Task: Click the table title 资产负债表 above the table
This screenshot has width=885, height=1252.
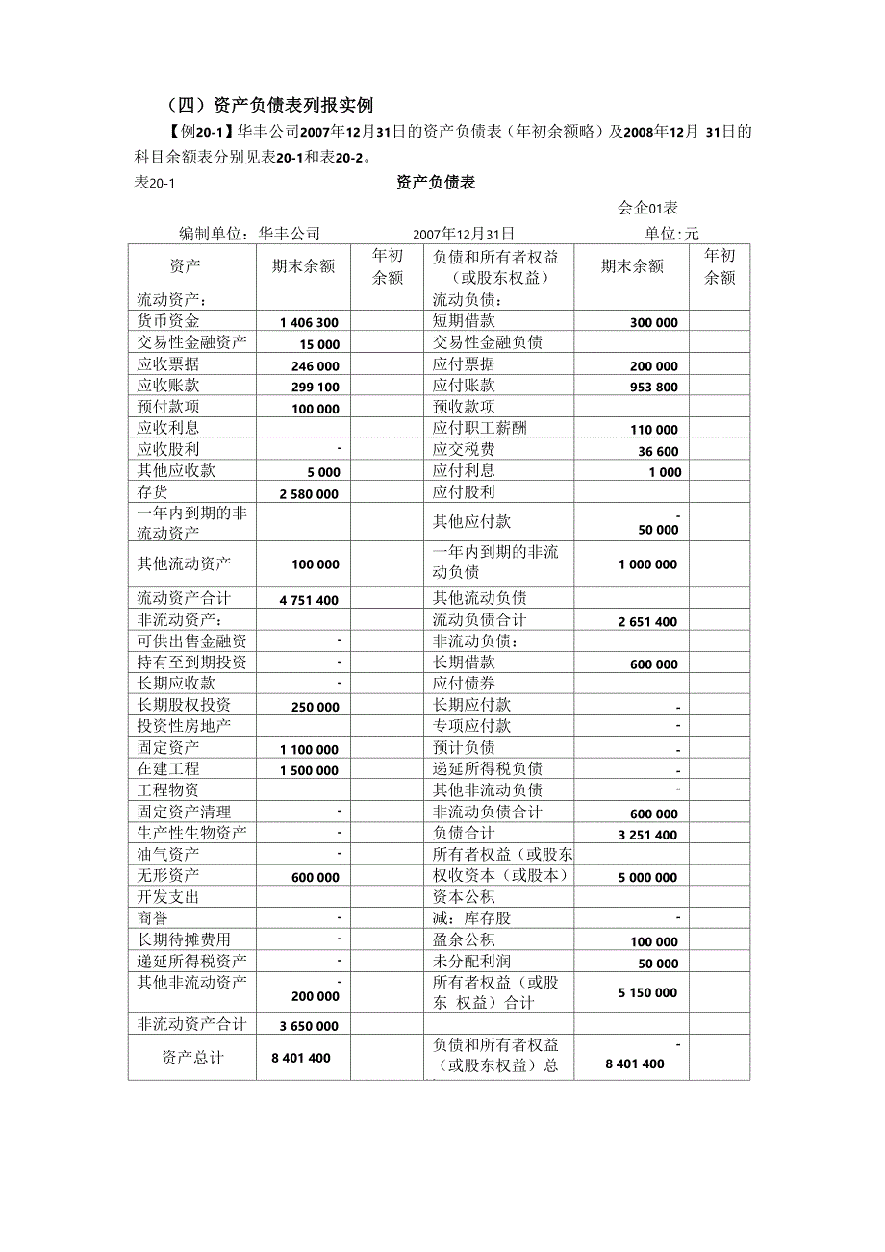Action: (436, 182)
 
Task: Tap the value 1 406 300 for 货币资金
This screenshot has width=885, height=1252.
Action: (309, 323)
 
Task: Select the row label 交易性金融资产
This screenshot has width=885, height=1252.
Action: (191, 342)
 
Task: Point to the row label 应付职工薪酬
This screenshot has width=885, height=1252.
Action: (480, 428)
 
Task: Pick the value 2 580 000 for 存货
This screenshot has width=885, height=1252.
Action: (309, 493)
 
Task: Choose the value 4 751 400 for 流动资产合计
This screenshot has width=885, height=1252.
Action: (309, 600)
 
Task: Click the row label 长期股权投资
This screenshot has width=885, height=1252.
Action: (184, 705)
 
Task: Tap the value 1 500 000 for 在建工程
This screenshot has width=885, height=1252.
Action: (309, 770)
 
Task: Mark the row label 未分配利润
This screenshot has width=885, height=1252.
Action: (472, 961)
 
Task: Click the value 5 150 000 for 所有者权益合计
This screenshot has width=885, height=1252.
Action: (647, 992)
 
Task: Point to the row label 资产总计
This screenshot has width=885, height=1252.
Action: (192, 1057)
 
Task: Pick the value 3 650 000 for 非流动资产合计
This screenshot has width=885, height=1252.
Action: (309, 1026)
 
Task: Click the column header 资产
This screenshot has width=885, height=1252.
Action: (185, 266)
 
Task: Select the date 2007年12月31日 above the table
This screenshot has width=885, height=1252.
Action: (464, 234)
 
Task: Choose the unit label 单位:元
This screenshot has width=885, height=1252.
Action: (672, 234)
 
